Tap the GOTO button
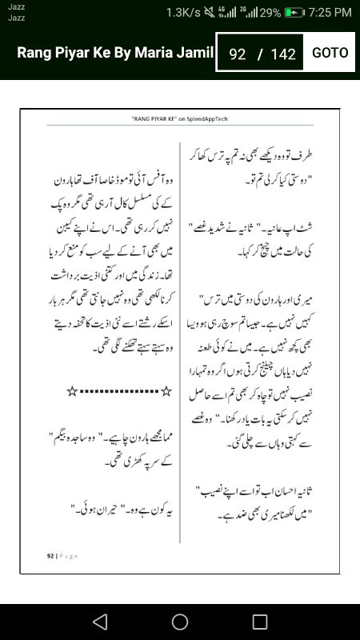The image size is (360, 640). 330,53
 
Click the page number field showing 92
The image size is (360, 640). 237,54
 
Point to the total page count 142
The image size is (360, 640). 283,54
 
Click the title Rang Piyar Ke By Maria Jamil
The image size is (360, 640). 115,53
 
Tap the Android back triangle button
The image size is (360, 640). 100,622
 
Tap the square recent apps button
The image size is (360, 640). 259,622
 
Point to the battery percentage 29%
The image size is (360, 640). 269,13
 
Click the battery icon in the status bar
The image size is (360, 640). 294,13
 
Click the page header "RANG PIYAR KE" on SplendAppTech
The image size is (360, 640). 179,118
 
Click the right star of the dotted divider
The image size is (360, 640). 166,390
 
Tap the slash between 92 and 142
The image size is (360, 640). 259,54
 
